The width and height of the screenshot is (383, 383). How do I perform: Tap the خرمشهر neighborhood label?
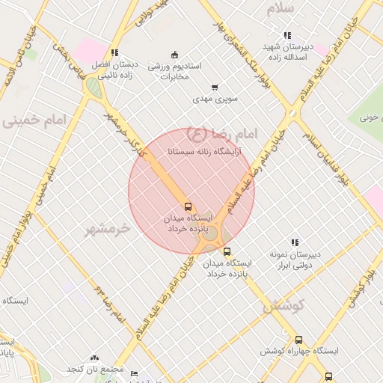107,227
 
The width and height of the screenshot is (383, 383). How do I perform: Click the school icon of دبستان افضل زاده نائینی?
114,52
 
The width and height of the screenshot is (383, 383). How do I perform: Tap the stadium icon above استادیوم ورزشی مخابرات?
175,54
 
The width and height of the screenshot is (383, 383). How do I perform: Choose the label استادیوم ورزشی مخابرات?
174,71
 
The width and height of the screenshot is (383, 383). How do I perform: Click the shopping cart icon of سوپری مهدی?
215,87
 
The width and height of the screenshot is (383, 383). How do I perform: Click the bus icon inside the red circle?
188,206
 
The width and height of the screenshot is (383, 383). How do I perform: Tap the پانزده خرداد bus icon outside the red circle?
227,251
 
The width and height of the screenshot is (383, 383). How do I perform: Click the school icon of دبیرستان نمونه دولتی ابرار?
295,242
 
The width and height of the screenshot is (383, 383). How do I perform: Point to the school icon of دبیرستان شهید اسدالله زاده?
287,35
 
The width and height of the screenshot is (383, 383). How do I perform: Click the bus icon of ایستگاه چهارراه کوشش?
298,340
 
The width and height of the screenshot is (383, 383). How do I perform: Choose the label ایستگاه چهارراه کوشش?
299,351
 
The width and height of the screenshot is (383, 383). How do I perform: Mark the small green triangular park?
93,88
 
